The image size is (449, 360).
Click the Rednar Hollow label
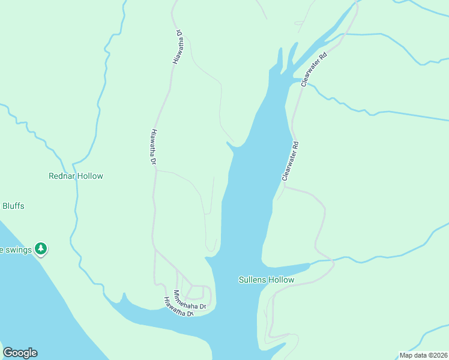point(76,176)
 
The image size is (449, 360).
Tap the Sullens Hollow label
point(266,280)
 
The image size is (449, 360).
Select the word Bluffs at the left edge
point(13,206)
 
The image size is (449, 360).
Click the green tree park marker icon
point(40,248)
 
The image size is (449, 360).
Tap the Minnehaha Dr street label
point(189,300)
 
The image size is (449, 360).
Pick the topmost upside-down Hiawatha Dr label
point(178,47)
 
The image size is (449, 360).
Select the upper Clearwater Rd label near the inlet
point(314,70)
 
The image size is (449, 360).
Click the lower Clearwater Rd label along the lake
point(291,161)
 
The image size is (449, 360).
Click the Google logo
point(20,353)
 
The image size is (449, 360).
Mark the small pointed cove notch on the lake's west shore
point(229,144)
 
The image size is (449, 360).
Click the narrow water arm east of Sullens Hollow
point(288,268)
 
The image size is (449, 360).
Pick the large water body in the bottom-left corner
point(36,300)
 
